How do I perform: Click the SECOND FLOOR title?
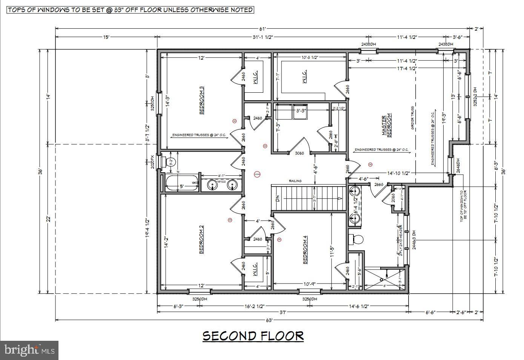point(253,335)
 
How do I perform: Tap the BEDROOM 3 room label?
point(202,100)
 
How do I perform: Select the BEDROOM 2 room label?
point(202,240)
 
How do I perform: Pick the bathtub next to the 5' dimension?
point(182,183)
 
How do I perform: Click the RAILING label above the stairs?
point(295,181)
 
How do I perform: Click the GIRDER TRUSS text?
point(413,118)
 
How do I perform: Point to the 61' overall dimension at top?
point(263,29)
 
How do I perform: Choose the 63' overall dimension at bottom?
point(269,320)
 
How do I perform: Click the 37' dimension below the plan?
point(283,312)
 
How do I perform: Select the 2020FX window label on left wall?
point(152,162)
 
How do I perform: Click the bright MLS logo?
point(29,351)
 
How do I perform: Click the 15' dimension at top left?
point(106,37)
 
